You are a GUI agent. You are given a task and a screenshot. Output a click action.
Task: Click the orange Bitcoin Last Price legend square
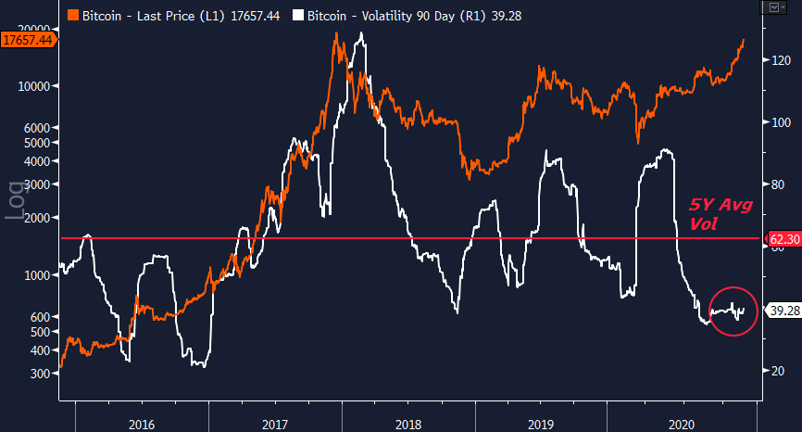click(72, 16)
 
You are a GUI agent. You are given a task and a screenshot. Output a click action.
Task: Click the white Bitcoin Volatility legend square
click(296, 16)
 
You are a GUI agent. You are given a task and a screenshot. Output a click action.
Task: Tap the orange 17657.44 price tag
click(26, 41)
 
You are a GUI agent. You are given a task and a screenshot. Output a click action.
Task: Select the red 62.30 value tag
click(783, 239)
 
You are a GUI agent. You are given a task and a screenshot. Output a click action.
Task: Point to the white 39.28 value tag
click(783, 311)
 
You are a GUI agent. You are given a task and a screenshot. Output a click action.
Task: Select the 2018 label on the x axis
click(408, 423)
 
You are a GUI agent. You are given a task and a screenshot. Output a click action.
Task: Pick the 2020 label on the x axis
click(680, 423)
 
